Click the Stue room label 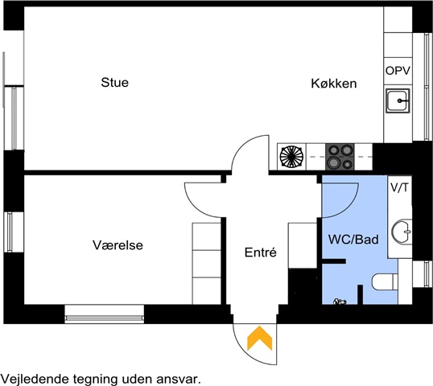click(114, 83)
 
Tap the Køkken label click(334, 84)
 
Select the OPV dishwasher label click(398, 71)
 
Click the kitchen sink click(398, 101)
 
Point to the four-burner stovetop click(340, 157)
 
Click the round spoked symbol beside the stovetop click(291, 157)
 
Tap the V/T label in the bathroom click(399, 187)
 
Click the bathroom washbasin click(402, 232)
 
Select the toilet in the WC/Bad click(385, 281)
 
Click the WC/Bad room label click(353, 239)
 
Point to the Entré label click(261, 253)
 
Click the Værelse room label click(118, 245)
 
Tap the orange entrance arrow click(260, 338)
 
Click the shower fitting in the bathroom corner click(340, 302)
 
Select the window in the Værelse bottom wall click(105, 314)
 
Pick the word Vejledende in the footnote click(35, 379)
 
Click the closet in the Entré click(303, 245)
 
